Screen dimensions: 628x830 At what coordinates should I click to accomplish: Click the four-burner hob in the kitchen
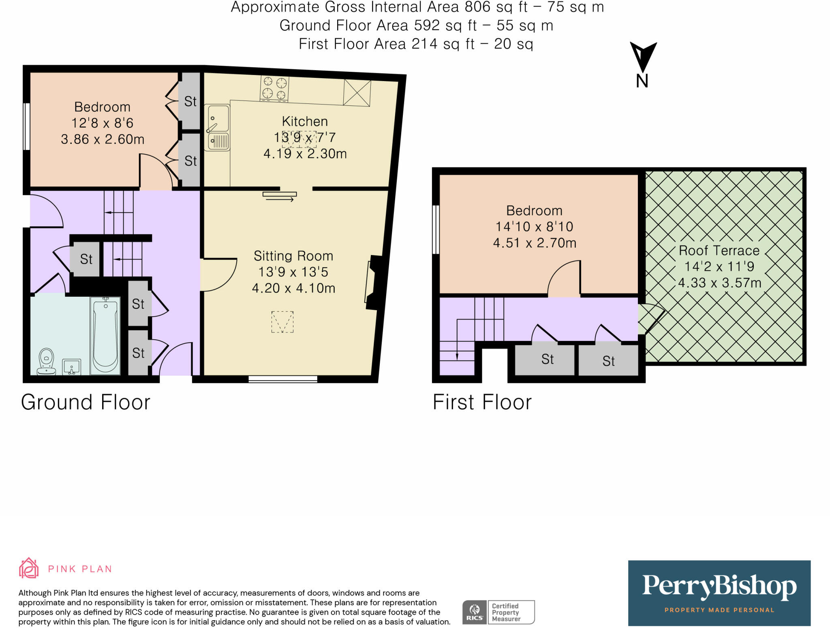(274, 88)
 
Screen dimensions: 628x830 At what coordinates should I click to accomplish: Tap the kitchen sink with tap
(217, 127)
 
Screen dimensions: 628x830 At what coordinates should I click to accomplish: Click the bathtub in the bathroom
(105, 336)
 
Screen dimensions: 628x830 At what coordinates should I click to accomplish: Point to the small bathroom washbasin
(72, 367)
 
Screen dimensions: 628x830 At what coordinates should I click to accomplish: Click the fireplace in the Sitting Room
(374, 282)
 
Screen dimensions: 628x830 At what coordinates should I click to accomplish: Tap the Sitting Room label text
(293, 256)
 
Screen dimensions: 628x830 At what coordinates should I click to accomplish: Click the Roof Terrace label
(719, 251)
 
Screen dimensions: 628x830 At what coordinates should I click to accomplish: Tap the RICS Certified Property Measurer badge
(498, 612)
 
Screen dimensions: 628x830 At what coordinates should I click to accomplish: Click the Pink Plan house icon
(29, 568)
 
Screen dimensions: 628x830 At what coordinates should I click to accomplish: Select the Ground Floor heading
(86, 402)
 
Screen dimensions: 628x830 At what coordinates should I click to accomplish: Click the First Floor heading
(482, 402)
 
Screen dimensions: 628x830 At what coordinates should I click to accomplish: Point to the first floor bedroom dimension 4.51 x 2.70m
(535, 243)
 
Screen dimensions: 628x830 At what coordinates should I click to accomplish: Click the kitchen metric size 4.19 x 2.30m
(305, 154)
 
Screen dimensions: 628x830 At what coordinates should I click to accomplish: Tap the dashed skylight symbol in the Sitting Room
(282, 322)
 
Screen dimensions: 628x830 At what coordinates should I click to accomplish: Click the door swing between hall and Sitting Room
(218, 274)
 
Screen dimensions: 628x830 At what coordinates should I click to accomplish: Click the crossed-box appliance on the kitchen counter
(357, 93)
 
